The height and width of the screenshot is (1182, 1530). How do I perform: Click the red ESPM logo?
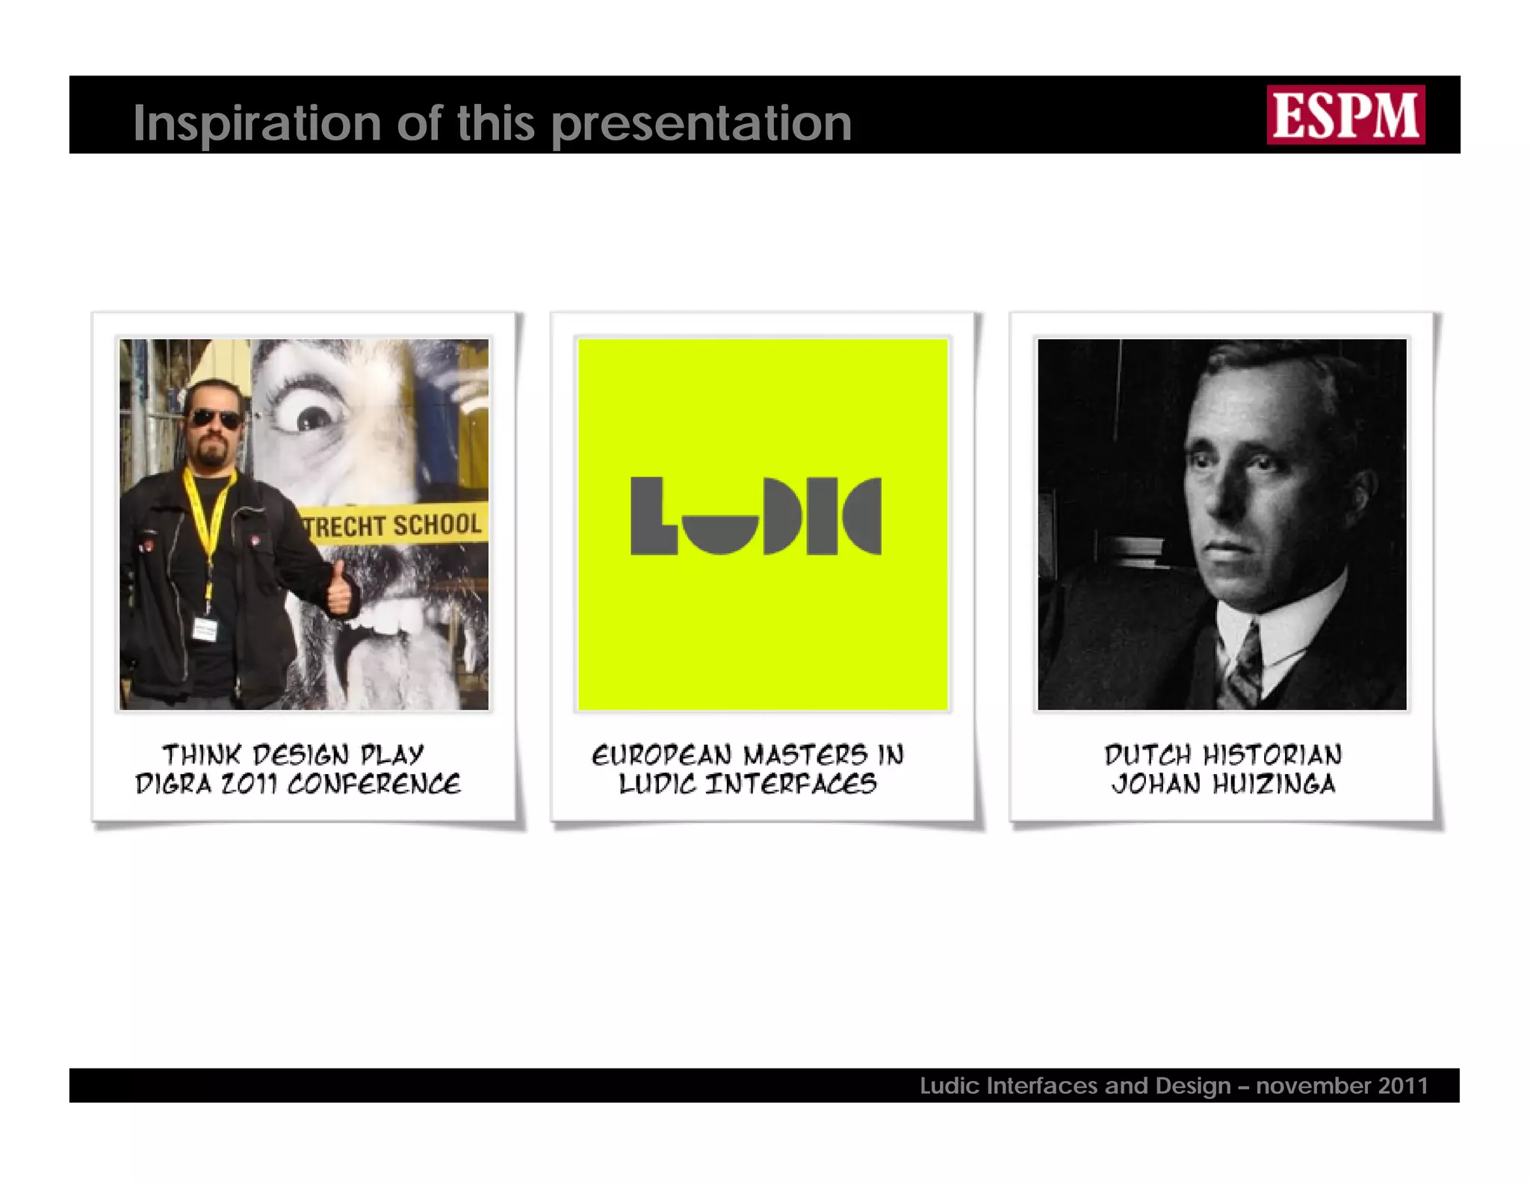(1345, 114)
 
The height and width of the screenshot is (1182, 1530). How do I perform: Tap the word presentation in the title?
(701, 124)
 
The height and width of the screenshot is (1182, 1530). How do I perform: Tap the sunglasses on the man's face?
(215, 418)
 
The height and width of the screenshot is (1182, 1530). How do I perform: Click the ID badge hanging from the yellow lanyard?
(204, 629)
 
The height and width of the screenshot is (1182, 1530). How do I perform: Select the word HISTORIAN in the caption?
(1272, 755)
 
